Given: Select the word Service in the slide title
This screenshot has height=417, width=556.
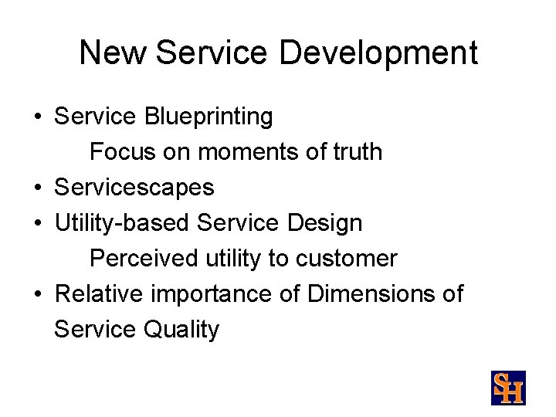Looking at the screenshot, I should (212, 53).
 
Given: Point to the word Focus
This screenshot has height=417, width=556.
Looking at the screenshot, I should (122, 152).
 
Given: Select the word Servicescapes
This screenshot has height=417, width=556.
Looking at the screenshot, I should (134, 188).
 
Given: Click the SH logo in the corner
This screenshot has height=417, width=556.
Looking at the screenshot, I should (508, 388).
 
